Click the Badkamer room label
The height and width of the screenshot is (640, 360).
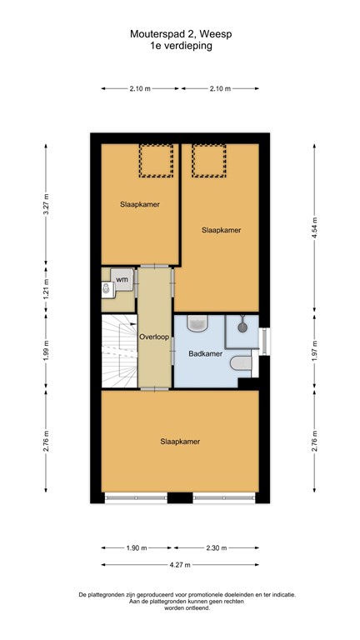[205, 354]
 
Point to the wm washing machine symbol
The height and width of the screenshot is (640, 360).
[122, 279]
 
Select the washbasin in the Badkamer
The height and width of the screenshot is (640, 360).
[198, 322]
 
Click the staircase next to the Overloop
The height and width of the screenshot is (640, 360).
[118, 350]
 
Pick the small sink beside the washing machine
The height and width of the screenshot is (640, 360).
[105, 289]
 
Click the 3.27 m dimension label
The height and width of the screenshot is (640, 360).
[47, 204]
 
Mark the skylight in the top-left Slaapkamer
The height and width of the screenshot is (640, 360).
[153, 160]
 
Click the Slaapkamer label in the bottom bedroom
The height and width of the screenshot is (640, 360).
[180, 442]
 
